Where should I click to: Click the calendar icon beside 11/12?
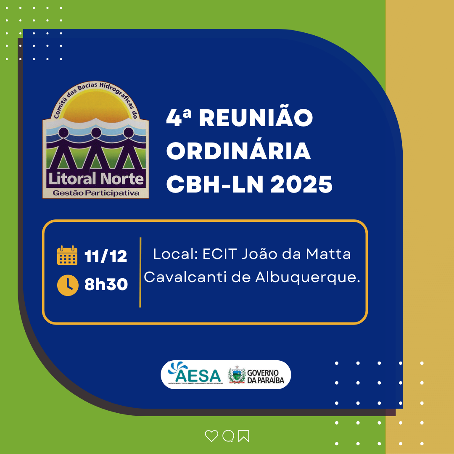[x=67, y=255]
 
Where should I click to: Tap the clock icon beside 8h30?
[x=67, y=285]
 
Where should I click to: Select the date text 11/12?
[x=106, y=256]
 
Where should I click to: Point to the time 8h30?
[x=106, y=285]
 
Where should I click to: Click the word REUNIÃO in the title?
[x=256, y=119]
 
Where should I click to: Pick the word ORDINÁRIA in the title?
[x=239, y=152]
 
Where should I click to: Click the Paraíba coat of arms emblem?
[x=237, y=375]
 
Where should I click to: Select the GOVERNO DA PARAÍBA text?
[x=266, y=375]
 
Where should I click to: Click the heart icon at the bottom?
[x=211, y=436]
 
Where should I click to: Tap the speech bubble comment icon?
[x=228, y=436]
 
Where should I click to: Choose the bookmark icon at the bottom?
[x=243, y=436]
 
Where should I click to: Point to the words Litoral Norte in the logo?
[x=96, y=179]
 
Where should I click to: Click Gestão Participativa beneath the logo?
[x=96, y=193]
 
